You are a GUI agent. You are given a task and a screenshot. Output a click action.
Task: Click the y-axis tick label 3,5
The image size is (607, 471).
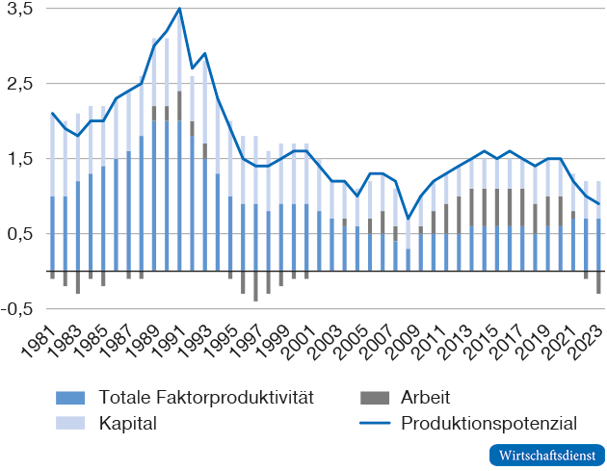pyautogui.click(x=19, y=9)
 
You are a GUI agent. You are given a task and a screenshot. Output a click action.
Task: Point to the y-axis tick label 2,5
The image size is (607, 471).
pyautogui.click(x=19, y=84)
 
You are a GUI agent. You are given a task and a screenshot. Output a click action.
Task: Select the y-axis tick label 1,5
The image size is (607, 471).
pyautogui.click(x=19, y=159)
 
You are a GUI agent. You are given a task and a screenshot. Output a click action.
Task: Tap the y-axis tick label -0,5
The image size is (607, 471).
pyautogui.click(x=17, y=309)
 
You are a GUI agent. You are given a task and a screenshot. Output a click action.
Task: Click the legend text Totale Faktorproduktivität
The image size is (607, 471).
pyautogui.click(x=205, y=397)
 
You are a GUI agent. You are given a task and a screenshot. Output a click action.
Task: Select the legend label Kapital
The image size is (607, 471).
pyautogui.click(x=122, y=422)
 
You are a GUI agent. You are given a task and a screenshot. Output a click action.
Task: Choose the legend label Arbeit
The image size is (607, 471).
pyautogui.click(x=425, y=397)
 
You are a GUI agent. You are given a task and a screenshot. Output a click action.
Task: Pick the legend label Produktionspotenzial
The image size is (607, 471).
pyautogui.click(x=488, y=422)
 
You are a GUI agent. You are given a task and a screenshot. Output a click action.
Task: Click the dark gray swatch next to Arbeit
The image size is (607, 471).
pyautogui.click(x=371, y=397)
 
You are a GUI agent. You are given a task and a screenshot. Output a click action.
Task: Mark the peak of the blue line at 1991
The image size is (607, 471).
pyautogui.click(x=179, y=9)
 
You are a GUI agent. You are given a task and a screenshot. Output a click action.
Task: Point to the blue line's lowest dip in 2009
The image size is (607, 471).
pyautogui.click(x=408, y=219)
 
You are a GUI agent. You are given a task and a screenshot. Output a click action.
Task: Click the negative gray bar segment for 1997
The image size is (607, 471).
pyautogui.click(x=255, y=286)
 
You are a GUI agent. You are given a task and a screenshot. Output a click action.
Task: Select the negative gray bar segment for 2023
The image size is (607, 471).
pyautogui.click(x=597, y=282)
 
